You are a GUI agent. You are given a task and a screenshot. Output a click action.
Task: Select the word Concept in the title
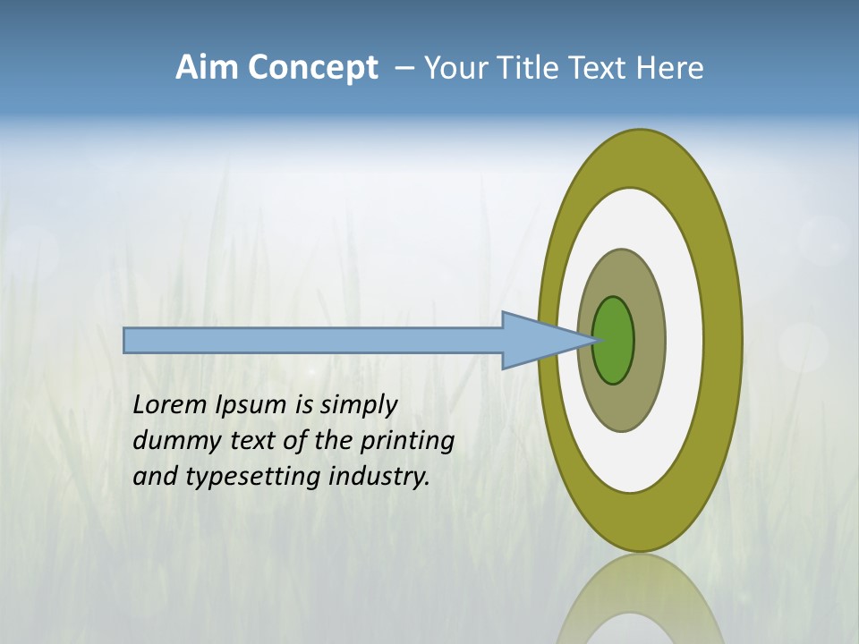pyautogui.click(x=312, y=69)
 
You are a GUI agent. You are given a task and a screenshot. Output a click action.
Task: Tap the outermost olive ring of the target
pyautogui.click(x=722, y=340)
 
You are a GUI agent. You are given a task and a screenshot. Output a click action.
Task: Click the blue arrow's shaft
pyautogui.click(x=313, y=341)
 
